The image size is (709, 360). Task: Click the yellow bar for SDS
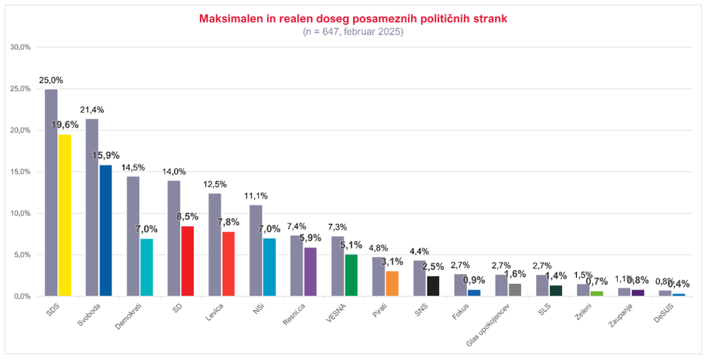pos(65,215)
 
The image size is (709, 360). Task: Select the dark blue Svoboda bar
pos(106,230)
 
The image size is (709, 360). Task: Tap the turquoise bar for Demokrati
pos(147,267)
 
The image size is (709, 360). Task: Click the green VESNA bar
pos(351,275)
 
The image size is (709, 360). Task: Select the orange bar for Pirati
pos(392,284)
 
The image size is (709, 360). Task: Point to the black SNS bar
pos(433,286)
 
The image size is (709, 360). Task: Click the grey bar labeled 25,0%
pos(51,192)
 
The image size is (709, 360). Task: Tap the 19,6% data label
pos(65,125)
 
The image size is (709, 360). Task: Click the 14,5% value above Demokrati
pos(133,167)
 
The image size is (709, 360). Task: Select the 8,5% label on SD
pos(188,217)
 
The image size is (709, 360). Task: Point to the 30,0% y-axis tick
pos(20,47)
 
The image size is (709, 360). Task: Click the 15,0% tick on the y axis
pos(20,172)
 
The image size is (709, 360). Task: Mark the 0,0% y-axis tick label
pos(21,297)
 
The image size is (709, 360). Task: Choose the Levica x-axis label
pos(214,312)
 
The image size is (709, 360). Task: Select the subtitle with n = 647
pos(353,32)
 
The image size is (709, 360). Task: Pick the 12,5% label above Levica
pos(215,184)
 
